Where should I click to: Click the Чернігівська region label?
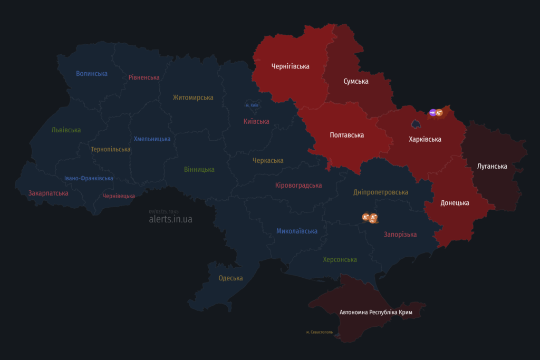[290, 66]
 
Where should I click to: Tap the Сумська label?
[356, 81]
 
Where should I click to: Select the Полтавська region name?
[346, 135]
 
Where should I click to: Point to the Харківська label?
[425, 140]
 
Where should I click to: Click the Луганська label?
[492, 167]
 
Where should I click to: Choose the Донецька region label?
[455, 203]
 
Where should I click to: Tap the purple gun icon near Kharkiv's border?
[433, 112]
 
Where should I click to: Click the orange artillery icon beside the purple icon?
[439, 112]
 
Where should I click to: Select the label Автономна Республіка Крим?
[375, 313]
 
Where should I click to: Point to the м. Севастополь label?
[319, 332]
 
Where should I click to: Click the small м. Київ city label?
[252, 105]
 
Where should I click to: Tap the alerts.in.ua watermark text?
[170, 219]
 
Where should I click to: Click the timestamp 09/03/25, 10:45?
[163, 211]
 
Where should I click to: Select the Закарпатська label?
[49, 193]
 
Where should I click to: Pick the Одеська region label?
[230, 278]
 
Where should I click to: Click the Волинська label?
[92, 74]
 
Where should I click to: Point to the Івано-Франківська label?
[89, 178]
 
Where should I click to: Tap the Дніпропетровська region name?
[381, 193]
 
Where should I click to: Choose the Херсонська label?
[340, 260]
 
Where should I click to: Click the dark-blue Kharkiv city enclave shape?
[416, 124]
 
